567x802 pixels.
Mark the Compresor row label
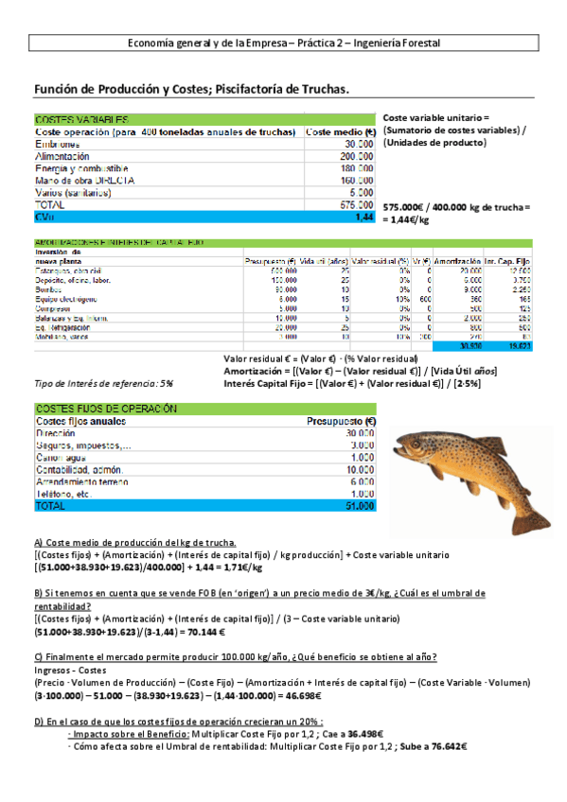pyautogui.click(x=57, y=306)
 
